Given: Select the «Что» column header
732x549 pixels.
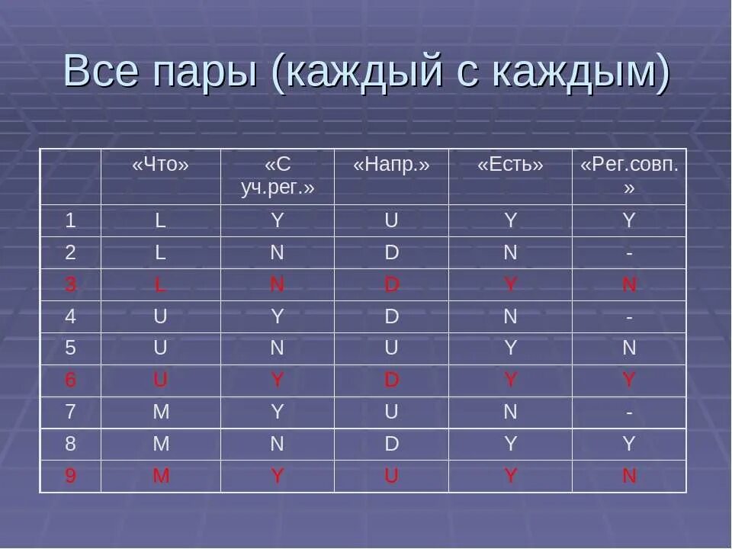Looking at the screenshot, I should tap(160, 165).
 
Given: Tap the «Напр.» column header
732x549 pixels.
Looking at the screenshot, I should tap(391, 165).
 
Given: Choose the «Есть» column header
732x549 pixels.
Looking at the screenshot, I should tap(510, 165).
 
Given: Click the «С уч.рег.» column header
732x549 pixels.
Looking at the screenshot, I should tap(278, 176).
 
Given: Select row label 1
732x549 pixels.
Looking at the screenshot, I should tap(70, 221).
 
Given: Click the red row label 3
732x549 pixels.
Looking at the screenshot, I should tap(70, 285).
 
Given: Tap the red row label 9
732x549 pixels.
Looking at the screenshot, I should tap(70, 477).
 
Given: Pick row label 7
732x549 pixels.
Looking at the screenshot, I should tap(70, 413).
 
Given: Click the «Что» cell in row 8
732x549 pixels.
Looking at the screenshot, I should tap(160, 445).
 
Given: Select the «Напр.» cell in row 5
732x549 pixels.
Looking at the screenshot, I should tap(391, 348).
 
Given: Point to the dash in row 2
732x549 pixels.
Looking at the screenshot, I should tap(629, 253).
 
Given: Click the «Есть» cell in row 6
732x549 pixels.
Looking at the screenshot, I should tap(510, 380).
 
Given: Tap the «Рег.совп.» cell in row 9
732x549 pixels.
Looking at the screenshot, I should tap(629, 477).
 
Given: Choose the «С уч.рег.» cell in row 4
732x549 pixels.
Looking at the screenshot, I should tap(278, 316).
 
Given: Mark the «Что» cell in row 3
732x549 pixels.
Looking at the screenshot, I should tap(160, 285).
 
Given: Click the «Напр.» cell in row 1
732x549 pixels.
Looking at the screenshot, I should tap(391, 221).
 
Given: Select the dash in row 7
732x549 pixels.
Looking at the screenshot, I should tap(629, 413).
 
